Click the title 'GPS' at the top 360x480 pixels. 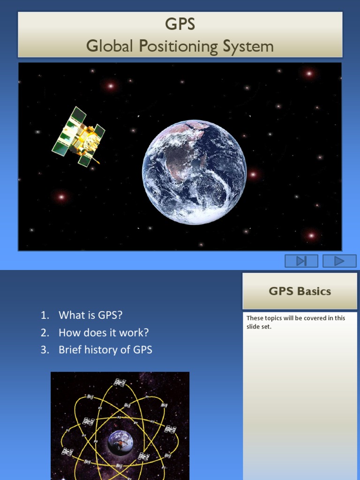tap(180, 24)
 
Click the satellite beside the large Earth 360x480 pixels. tap(78, 136)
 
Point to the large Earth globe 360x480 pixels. tap(194, 172)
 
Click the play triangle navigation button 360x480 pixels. tap(339, 261)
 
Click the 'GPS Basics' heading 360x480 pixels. tap(300, 291)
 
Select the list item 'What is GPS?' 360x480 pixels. tap(90, 315)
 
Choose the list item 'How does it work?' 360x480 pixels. tap(103, 332)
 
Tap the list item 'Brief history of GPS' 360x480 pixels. tap(105, 350)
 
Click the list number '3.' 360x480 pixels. tap(45, 350)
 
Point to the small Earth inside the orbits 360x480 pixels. tap(120, 442)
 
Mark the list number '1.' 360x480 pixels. tap(45, 315)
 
